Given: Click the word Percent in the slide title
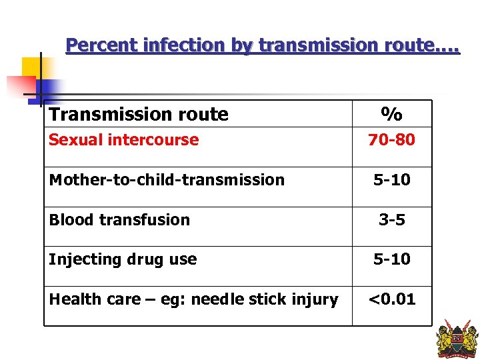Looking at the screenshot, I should [x=99, y=45].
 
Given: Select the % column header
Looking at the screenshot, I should [x=392, y=114].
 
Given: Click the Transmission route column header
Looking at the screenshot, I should [x=139, y=115].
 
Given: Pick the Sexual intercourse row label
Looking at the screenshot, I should [x=123, y=140].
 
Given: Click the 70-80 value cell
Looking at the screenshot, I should [x=392, y=140].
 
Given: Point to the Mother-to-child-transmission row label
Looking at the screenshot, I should [x=167, y=180].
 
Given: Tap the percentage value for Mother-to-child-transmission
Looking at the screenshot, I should [x=392, y=180].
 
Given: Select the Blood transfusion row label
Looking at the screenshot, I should [x=119, y=220].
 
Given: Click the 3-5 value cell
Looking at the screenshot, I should [x=392, y=220].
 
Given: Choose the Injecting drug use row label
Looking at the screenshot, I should [x=123, y=259].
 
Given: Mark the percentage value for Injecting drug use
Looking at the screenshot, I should [x=392, y=259].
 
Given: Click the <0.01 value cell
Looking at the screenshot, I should [x=392, y=299].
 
